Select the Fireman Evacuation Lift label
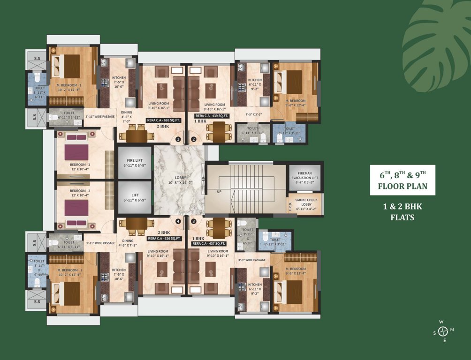(x=305, y=175)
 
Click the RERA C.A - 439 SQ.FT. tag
(x=211, y=115)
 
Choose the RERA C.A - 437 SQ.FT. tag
(x=209, y=244)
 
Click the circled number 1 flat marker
(x=178, y=139)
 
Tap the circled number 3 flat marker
(x=193, y=221)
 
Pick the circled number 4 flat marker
(x=178, y=221)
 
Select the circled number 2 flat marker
(x=193, y=139)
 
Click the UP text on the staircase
(x=219, y=192)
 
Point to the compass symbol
(x=441, y=331)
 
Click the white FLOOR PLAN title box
(x=402, y=180)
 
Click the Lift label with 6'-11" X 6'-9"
(x=135, y=197)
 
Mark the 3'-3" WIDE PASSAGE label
(x=251, y=260)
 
